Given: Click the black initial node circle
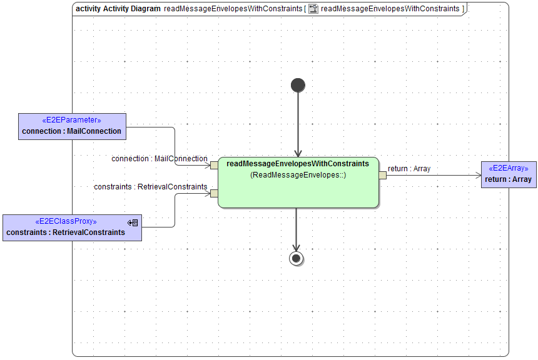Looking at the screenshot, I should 298,85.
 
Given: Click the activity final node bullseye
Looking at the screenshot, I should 297,258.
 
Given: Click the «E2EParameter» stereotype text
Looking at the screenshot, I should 71,120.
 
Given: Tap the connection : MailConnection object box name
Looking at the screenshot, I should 71,131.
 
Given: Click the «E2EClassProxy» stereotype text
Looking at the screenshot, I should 66,221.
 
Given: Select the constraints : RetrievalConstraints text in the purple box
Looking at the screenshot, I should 66,232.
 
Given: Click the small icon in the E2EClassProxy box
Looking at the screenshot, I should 133,222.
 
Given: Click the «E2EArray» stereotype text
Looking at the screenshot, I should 508,168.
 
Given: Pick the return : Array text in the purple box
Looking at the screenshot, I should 508,179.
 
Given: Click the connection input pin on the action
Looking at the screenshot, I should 214,165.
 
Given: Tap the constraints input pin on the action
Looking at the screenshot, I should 214,193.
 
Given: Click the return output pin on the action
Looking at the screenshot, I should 382,175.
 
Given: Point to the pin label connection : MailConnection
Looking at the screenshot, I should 160,159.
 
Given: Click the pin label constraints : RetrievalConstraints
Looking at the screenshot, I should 150,186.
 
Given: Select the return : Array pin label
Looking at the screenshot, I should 409,168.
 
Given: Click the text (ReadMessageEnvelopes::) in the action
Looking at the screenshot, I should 298,175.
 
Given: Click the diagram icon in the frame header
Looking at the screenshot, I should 313,9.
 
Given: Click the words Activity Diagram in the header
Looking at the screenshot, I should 131,9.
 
